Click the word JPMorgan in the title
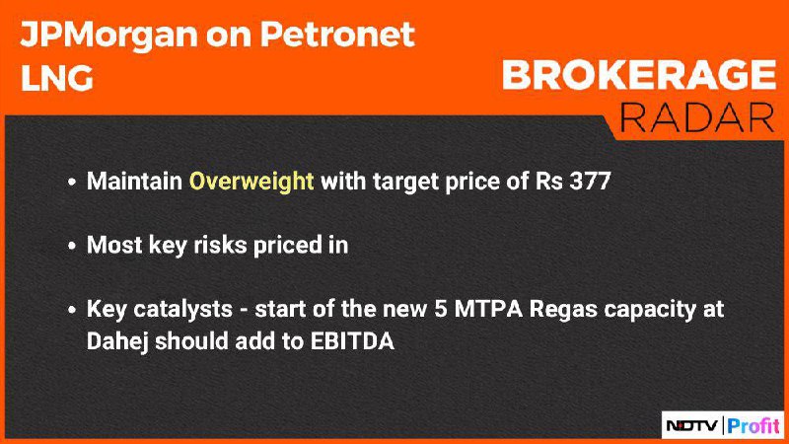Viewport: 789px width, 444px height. click(x=108, y=36)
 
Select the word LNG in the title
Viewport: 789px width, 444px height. click(x=57, y=79)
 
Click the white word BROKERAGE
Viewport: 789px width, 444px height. click(x=638, y=75)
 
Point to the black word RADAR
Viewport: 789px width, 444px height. click(x=696, y=117)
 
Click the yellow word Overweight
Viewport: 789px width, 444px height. click(x=251, y=182)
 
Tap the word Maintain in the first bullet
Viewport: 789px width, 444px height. click(x=134, y=181)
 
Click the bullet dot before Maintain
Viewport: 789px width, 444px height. click(x=72, y=182)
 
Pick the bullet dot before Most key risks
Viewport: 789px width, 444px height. click(x=72, y=246)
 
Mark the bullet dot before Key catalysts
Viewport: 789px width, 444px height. click(x=72, y=310)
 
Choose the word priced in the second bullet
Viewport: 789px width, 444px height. click(x=287, y=246)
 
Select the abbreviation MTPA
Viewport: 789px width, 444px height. click(x=488, y=309)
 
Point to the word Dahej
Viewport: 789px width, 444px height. click(x=117, y=341)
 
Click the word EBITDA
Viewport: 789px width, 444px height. click(x=352, y=340)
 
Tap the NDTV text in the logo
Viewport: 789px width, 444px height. click(x=692, y=426)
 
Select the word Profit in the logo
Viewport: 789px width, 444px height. click(x=753, y=426)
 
